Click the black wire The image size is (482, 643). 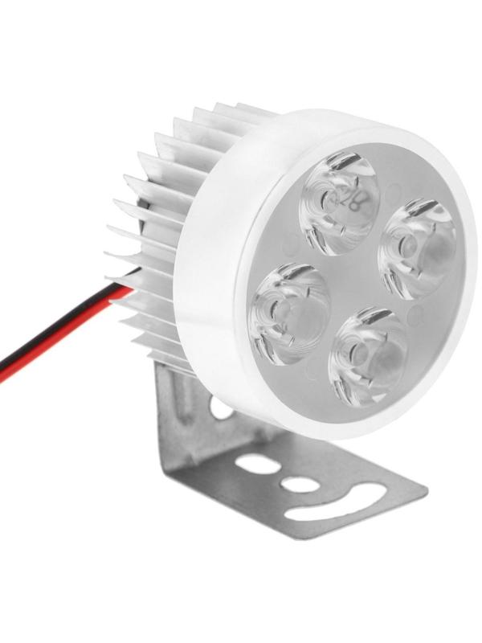(48, 347)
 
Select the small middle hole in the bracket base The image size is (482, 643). (299, 485)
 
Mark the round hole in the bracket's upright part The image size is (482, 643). (221, 409)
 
